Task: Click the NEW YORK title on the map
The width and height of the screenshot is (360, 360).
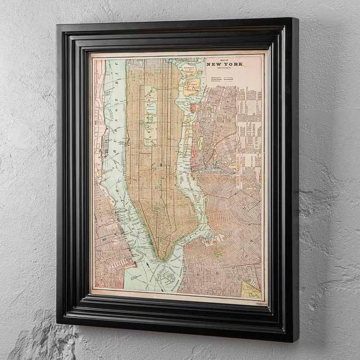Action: (x=225, y=64)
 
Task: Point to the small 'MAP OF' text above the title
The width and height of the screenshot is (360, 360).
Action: (x=225, y=60)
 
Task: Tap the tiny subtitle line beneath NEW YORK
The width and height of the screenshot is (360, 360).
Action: (x=225, y=68)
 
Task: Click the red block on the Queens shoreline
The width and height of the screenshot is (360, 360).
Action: (x=193, y=108)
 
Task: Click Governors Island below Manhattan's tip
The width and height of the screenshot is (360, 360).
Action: (x=168, y=276)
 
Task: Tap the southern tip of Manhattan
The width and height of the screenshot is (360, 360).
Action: (x=163, y=258)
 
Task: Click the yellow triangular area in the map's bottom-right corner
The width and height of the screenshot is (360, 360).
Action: (x=251, y=288)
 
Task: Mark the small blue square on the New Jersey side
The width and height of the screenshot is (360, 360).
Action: (x=104, y=239)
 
